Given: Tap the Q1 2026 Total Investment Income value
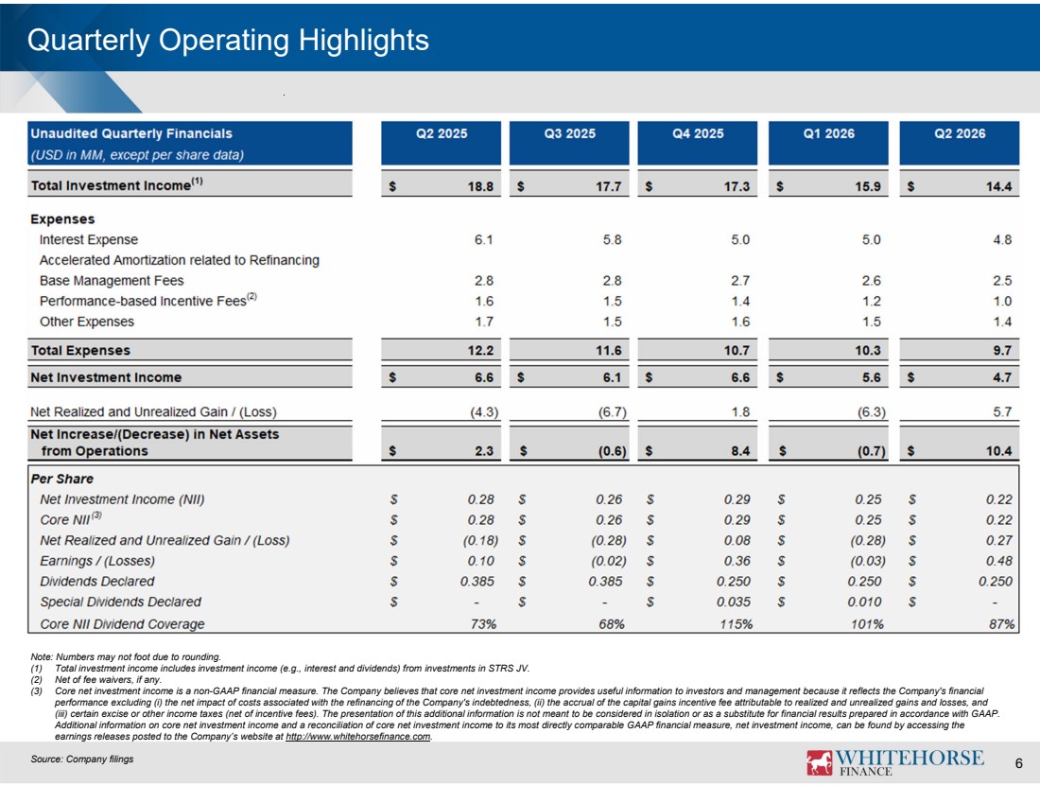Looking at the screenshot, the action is [x=868, y=186].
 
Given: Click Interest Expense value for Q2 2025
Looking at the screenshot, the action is [x=483, y=239].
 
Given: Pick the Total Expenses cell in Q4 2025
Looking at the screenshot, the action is [x=737, y=350].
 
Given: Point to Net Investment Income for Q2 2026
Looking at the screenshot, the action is [x=1001, y=377].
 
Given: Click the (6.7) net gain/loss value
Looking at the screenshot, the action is [x=613, y=412].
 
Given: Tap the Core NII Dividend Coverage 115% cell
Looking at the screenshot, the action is [x=737, y=624].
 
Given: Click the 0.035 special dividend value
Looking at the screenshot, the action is [x=734, y=602].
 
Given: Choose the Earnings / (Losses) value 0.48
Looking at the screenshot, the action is [x=999, y=561].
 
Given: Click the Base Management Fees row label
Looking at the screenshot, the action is [x=112, y=281].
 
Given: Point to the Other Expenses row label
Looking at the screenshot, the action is [x=87, y=322].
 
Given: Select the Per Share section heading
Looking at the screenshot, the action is [x=61, y=480].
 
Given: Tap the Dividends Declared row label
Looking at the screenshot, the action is [x=96, y=582].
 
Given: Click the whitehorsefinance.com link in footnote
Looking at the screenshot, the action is [x=358, y=737].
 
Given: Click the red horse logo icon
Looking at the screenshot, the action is [x=819, y=762].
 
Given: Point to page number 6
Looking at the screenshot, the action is [x=1019, y=764].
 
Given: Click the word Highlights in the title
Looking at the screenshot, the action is [x=363, y=42].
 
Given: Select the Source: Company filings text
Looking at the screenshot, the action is [x=82, y=759].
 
